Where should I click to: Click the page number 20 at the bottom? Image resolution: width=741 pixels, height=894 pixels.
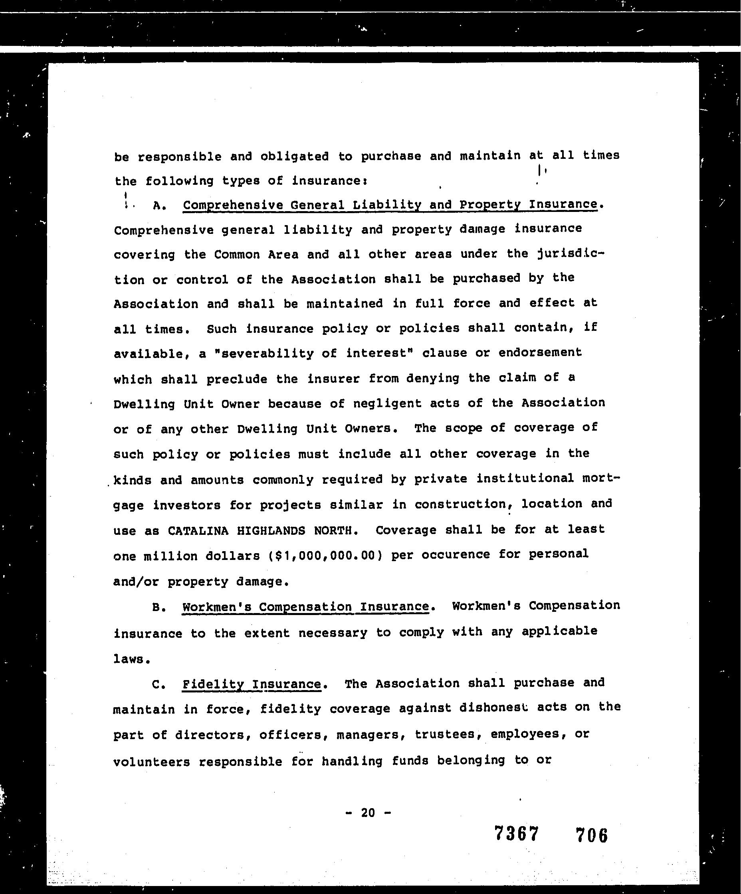click(368, 813)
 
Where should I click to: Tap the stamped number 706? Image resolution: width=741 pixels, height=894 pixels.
click(591, 835)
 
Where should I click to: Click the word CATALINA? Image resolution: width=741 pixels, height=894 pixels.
click(198, 530)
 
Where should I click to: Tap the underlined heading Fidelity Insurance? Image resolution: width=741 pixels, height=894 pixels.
click(251, 684)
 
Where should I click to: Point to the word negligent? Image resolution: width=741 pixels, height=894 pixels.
click(387, 403)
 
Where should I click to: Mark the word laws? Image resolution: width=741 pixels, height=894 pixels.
click(132, 659)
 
